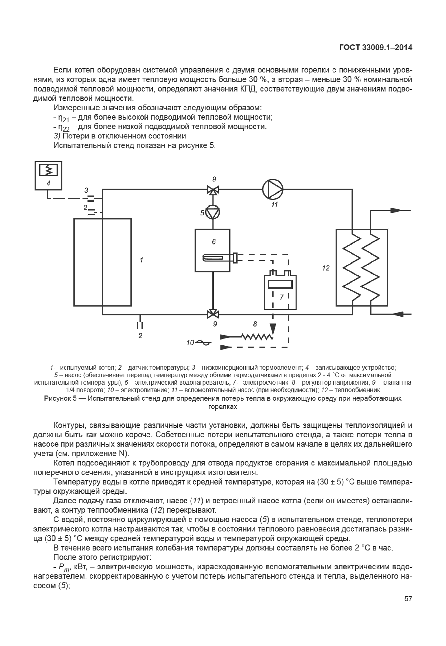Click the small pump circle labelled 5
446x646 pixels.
pyautogui.click(x=213, y=213)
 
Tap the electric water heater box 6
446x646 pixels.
pyautogui.click(x=212, y=250)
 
